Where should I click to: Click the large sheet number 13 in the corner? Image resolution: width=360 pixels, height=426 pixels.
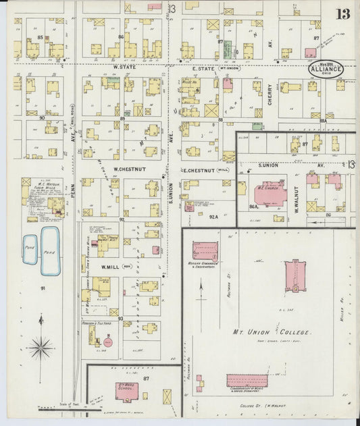click(343, 13)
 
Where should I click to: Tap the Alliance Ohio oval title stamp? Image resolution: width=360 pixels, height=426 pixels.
click(327, 69)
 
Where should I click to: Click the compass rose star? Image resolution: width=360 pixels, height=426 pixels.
click(42, 348)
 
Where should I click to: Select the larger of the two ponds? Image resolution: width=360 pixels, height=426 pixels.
click(49, 250)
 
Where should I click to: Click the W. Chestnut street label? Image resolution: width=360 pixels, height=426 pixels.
click(126, 169)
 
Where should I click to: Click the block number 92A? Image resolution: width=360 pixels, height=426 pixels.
click(213, 217)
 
